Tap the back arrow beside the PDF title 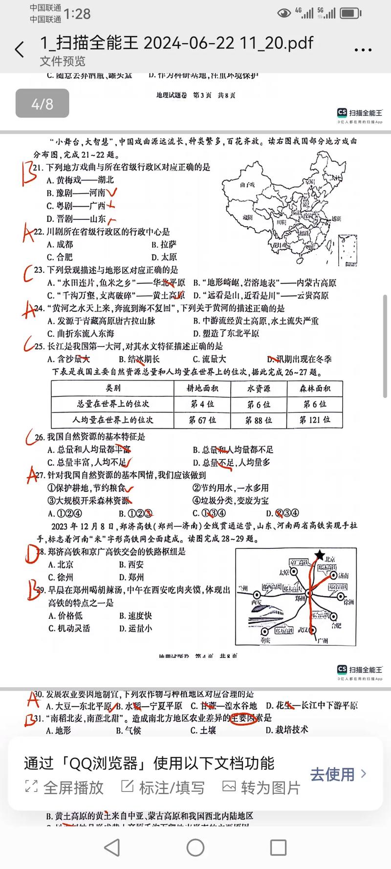point(20,50)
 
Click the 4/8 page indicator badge point(42,104)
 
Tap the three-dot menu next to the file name point(363,50)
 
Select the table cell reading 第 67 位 point(202,420)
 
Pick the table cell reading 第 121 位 point(314,420)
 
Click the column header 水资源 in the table point(258,389)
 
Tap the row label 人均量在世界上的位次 point(112,420)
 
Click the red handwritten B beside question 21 point(27,174)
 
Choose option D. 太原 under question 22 point(164,257)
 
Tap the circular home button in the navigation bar point(195,847)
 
